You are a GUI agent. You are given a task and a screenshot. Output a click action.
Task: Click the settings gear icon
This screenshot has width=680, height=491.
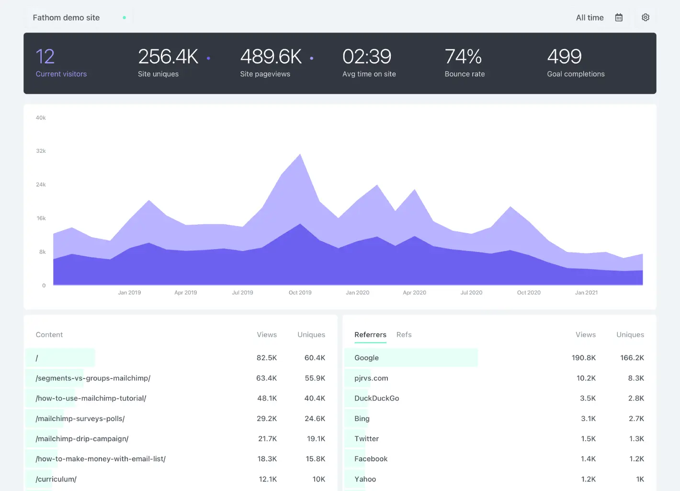coord(646,18)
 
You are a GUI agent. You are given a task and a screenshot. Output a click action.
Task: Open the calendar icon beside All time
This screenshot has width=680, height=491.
coord(619,18)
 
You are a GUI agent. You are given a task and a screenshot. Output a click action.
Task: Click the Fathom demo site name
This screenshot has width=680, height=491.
coord(66,18)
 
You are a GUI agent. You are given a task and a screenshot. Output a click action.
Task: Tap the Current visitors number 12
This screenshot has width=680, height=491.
coord(45,57)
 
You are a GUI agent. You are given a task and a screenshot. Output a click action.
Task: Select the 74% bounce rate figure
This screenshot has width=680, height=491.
coord(463,57)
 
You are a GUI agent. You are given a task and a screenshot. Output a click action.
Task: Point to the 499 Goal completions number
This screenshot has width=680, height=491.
coord(564,57)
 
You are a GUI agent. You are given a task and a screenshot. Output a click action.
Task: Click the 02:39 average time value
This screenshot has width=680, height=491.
coord(367,57)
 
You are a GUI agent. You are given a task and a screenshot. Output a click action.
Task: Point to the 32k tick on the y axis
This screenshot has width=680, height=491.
coord(41,151)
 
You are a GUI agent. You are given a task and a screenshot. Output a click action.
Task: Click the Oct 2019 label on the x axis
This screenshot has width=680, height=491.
coord(300,293)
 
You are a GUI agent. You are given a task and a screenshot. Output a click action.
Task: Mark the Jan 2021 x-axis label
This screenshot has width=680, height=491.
coord(586,293)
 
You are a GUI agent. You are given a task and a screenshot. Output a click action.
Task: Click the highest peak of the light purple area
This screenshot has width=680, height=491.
coord(300,155)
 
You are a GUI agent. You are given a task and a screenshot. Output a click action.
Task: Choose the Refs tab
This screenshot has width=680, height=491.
coord(404,335)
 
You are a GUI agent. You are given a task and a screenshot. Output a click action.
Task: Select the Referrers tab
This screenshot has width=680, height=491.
coord(370,335)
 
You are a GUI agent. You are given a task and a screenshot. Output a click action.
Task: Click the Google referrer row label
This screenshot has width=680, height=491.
coord(366,358)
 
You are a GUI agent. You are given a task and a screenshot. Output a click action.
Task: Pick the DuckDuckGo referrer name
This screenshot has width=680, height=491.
coord(376,399)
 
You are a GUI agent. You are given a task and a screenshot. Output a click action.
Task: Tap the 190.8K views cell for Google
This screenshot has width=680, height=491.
coord(583,358)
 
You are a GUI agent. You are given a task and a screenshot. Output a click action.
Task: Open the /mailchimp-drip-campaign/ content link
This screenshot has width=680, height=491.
coord(82,439)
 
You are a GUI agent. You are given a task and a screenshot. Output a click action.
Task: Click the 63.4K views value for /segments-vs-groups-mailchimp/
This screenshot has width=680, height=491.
coord(266,378)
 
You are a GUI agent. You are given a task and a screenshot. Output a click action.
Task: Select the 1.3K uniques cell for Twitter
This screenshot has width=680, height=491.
coord(636,439)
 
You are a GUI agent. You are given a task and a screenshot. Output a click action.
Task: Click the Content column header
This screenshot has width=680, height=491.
coord(49,335)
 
